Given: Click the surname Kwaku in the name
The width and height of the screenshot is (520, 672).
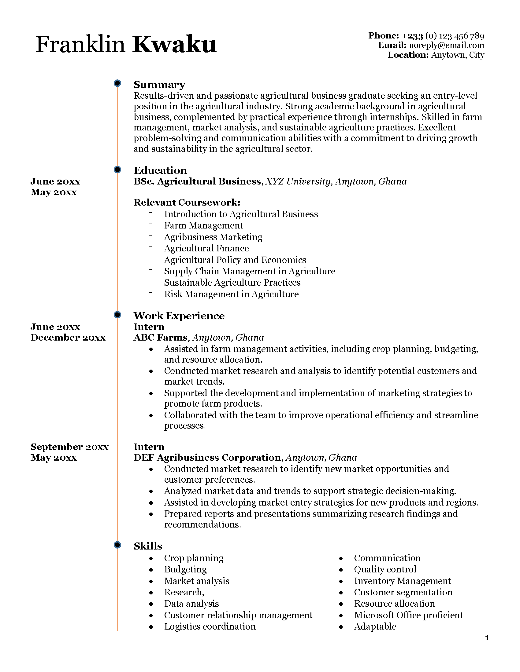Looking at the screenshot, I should pos(174,45).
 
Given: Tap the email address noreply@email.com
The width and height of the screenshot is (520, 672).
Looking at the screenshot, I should pos(446,46).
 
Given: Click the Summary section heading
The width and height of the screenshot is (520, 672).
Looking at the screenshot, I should pos(159,85).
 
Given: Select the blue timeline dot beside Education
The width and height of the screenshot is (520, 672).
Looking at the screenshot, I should pos(117,170).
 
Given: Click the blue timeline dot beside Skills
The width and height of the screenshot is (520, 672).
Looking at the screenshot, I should pos(117,545).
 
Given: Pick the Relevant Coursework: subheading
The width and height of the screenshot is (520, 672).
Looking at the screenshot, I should pos(187,203).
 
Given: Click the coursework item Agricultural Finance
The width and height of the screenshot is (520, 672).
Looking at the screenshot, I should pos(206,248).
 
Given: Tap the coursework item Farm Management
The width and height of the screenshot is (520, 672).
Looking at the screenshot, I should pos(203,225).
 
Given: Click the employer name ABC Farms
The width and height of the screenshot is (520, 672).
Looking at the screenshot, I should pos(160,338).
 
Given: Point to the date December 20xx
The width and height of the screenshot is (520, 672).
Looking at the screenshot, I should pos(68,338).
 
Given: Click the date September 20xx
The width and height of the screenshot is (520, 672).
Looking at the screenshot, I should pos(69,447).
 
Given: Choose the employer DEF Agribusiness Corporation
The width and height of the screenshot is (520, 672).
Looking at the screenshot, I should pos(207,458).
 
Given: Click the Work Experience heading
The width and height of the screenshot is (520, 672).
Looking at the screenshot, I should pos(179,316).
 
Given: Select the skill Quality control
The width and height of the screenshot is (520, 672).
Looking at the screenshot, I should pos(385,570).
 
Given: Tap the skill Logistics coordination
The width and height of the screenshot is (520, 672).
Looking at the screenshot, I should pos(210,626).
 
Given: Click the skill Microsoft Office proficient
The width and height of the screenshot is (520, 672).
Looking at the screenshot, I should pos(408,615).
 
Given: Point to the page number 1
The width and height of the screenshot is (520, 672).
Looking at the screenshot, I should pos(487,638).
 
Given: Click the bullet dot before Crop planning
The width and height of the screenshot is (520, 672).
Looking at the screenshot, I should pos(151,558).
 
